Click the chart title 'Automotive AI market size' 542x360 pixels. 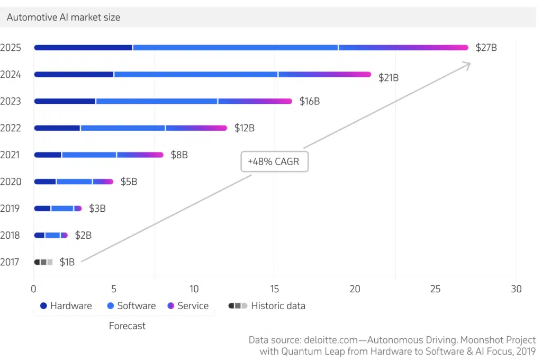63,17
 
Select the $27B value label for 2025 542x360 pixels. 486,48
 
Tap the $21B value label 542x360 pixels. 388,78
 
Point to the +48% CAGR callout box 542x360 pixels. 274,161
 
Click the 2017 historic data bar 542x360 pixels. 43,262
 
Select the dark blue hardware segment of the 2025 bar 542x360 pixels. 83,48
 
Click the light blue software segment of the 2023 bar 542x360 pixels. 157,101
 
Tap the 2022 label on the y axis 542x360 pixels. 11,128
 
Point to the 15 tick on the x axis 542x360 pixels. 275,289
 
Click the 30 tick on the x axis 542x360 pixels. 516,289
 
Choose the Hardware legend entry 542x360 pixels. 66,306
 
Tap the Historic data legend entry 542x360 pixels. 267,306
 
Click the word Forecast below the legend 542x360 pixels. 127,326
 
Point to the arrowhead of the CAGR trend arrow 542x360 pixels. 468,64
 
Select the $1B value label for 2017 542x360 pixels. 67,262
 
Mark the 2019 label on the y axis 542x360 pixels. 11,209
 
